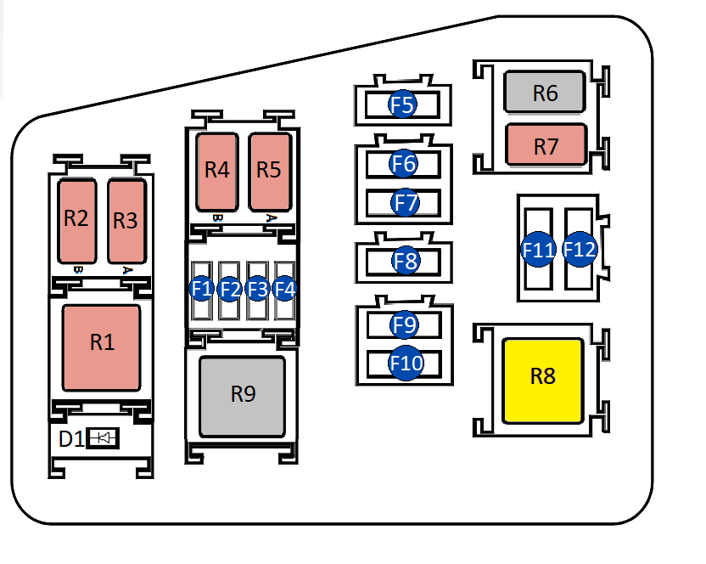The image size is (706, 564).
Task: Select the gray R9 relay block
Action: [x=242, y=396]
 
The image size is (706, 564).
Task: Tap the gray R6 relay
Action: [x=545, y=93]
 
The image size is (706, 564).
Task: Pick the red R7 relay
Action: [x=546, y=146]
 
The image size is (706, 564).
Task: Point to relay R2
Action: [x=76, y=220]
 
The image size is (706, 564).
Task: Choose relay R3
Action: [x=126, y=220]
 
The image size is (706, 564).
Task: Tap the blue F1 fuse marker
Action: [x=201, y=288]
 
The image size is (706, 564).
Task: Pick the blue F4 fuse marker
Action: [x=285, y=288]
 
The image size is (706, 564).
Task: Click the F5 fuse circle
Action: [x=402, y=105]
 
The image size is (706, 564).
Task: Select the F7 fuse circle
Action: [x=406, y=203]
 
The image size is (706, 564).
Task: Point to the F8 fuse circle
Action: [x=406, y=262]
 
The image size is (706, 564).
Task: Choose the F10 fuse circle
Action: [x=406, y=364]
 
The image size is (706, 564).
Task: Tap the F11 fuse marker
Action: [x=538, y=251]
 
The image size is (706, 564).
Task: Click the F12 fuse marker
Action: [x=580, y=251]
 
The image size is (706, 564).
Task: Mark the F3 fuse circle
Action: [x=257, y=288]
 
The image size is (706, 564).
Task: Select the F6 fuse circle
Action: [x=405, y=162]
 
